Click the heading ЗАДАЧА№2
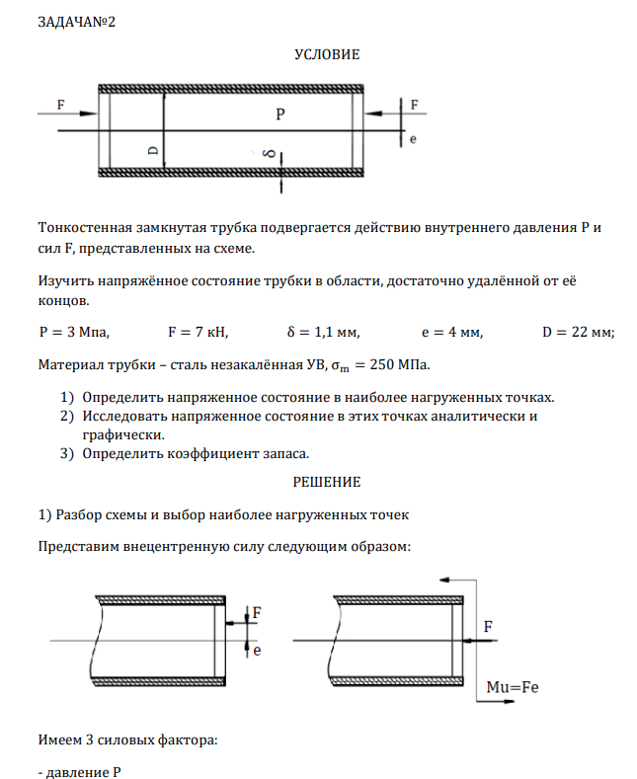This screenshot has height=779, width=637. pyautogui.click(x=77, y=23)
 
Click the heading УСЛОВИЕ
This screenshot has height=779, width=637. pyautogui.click(x=327, y=55)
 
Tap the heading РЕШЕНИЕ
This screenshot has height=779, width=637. pyautogui.click(x=327, y=482)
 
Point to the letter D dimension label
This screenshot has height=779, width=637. pyautogui.click(x=152, y=150)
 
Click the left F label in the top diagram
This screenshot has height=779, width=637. pyautogui.click(x=61, y=104)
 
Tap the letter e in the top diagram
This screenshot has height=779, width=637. pyautogui.click(x=412, y=140)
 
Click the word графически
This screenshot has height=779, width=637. pyautogui.click(x=123, y=433)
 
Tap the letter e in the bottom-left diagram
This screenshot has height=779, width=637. pyautogui.click(x=257, y=652)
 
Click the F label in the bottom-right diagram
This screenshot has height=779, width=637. pyautogui.click(x=488, y=626)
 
